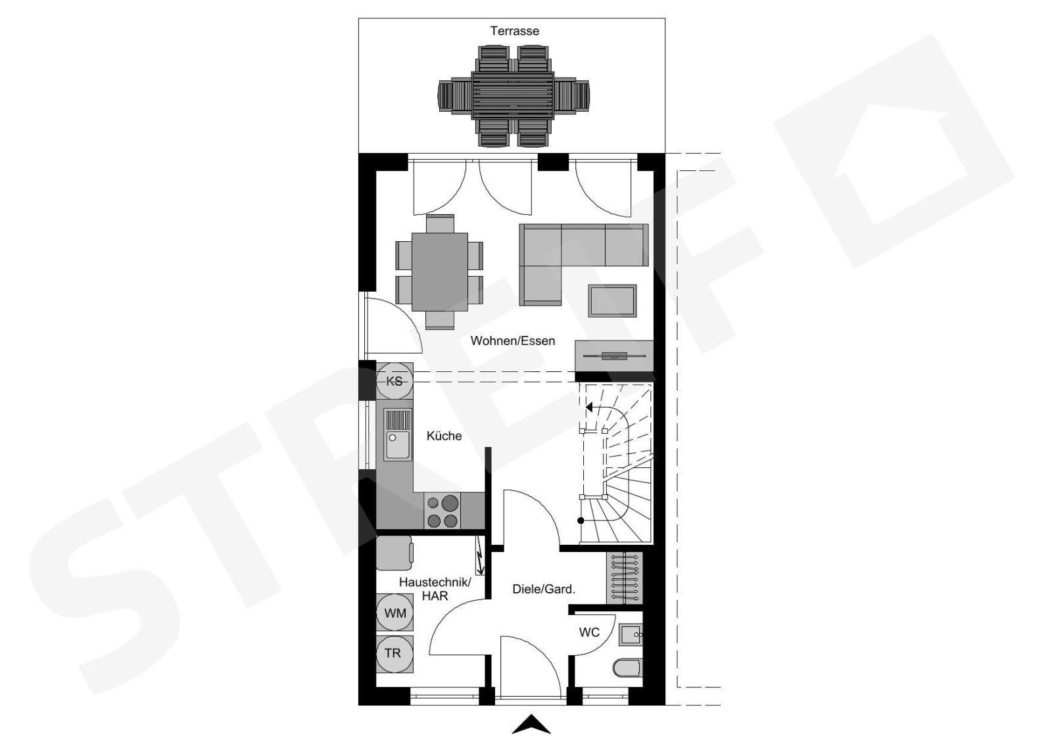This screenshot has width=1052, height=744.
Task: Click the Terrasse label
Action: click(x=514, y=31)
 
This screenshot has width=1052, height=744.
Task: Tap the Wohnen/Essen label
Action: click(x=513, y=341)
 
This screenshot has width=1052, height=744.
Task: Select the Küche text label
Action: click(x=444, y=436)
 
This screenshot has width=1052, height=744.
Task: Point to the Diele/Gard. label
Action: click(x=544, y=589)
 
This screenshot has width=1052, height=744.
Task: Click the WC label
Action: click(x=589, y=632)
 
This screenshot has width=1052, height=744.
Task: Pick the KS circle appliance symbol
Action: click(x=394, y=381)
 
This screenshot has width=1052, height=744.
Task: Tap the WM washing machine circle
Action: click(x=395, y=613)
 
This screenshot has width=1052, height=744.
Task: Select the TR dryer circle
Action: click(x=395, y=653)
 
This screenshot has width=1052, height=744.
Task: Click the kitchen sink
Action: click(x=398, y=434)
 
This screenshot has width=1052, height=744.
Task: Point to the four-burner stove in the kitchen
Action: click(x=442, y=511)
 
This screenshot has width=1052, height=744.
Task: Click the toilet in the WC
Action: click(x=627, y=668)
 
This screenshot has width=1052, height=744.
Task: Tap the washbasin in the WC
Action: click(x=631, y=635)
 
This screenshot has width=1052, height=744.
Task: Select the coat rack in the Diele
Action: click(x=624, y=578)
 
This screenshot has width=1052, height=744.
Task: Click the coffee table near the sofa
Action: click(x=612, y=300)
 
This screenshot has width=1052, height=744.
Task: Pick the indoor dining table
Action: click(x=440, y=272)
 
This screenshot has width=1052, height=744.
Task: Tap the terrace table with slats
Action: click(x=513, y=95)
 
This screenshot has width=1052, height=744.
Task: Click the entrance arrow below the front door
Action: click(x=531, y=724)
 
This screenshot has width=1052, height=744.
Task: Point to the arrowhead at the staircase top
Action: click(x=589, y=406)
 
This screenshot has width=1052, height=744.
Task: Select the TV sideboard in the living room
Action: click(x=614, y=356)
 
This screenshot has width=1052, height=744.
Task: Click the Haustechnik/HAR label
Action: click(x=435, y=589)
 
